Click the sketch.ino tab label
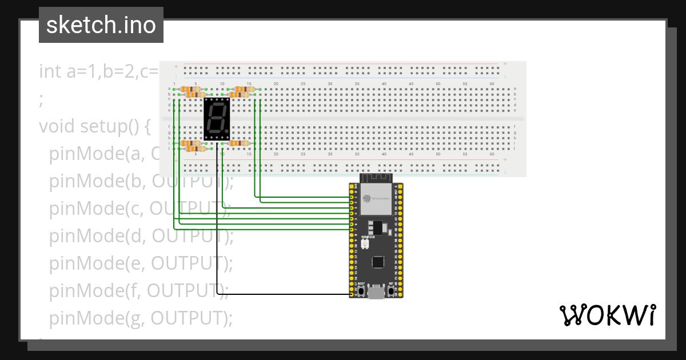tap(101, 25)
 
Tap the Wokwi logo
tap(607, 315)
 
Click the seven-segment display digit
tap(216, 117)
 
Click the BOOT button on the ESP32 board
tap(361, 291)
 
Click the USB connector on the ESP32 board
tap(376, 292)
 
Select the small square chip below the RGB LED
tap(377, 262)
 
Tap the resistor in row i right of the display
tap(238, 143)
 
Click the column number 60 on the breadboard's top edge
tap(492, 84)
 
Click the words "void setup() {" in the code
tap(94, 126)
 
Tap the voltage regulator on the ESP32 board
tap(377, 227)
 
